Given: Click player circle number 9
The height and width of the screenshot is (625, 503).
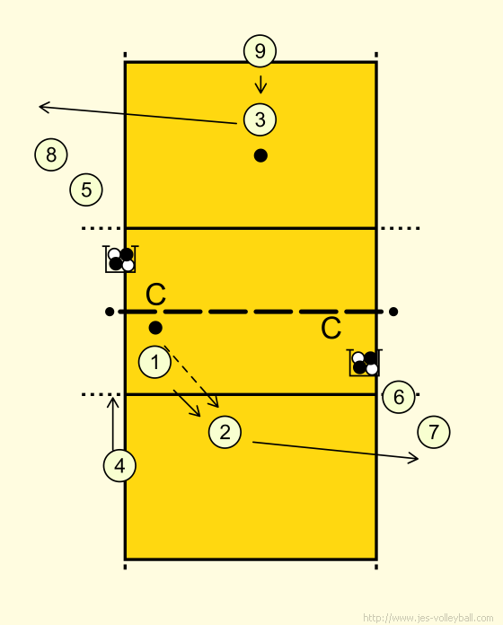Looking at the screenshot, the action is coord(260,51).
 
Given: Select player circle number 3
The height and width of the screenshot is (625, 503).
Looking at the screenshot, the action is coord(260,119).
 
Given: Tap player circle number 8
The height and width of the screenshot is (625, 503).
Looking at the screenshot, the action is coord(51,154).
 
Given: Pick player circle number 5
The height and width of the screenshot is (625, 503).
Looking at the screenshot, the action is coord(86,189).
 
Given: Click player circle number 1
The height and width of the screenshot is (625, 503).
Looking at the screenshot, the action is coord(154,362).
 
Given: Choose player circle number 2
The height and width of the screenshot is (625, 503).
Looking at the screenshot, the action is coord(225,432).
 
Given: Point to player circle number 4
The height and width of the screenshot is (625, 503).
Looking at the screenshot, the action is coord(119,465).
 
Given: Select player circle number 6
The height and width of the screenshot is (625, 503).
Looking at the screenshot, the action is coord(399,397).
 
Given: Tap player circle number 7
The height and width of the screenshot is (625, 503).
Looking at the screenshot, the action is coord(434,432).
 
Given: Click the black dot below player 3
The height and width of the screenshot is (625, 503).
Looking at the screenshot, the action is coord(260,155).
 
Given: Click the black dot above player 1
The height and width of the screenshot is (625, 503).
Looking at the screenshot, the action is coord(155,328).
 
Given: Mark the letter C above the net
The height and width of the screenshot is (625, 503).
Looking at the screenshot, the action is coord(155,295).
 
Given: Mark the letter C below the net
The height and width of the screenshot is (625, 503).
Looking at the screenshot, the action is coord(331,329).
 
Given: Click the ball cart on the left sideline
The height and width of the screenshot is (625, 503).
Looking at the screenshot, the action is coord(120,260).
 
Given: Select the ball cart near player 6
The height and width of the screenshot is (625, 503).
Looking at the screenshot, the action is coord(365,363).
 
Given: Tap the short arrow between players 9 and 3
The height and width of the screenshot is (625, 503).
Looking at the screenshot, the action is coord(260,84).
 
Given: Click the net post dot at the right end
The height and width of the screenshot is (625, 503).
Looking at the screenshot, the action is coord(393,312).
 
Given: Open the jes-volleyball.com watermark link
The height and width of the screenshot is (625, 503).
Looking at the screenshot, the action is coord(428,618).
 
